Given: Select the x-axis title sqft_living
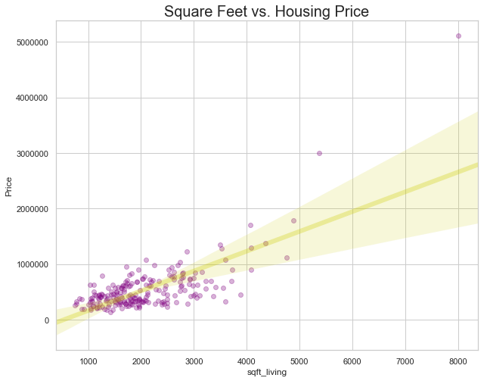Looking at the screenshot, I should pyautogui.click(x=267, y=373).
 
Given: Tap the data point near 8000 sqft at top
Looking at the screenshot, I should pyautogui.click(x=458, y=36).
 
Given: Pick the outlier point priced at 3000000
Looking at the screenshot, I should pyautogui.click(x=319, y=153).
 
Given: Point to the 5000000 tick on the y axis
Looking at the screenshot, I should pyautogui.click(x=29, y=42).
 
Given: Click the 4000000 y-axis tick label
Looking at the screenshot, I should pyautogui.click(x=29, y=98).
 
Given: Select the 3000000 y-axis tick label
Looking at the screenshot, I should pyautogui.click(x=29, y=154).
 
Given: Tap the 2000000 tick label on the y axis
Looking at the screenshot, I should pyautogui.click(x=29, y=209).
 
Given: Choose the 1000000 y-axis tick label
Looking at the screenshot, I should pyautogui.click(x=29, y=264).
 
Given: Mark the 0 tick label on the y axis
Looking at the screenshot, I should pyautogui.click(x=47, y=320).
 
